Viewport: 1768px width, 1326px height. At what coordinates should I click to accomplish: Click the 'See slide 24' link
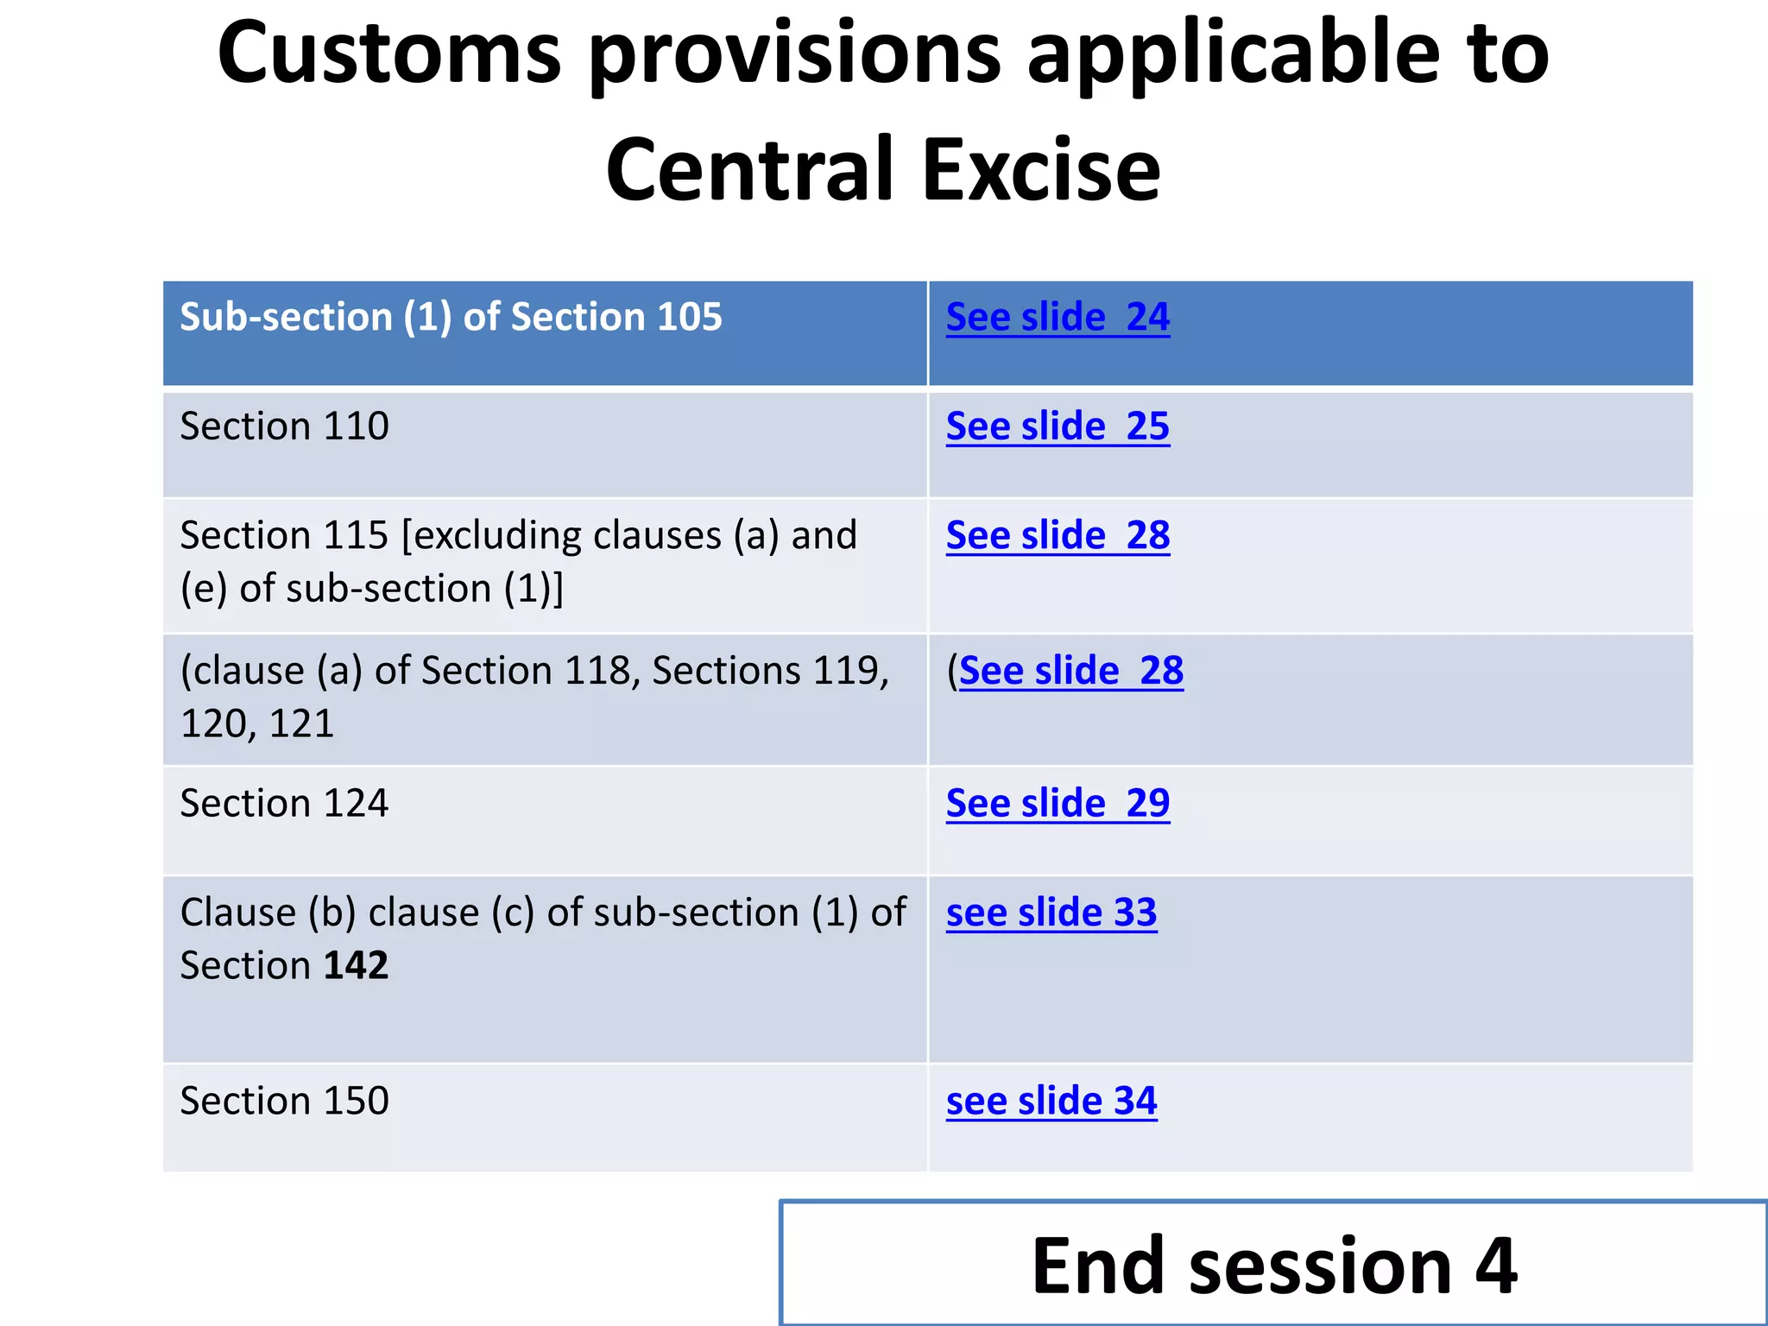coord(1058,318)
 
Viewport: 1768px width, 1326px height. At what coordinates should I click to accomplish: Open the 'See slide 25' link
coord(1058,426)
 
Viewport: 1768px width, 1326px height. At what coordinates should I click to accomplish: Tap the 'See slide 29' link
coord(1058,804)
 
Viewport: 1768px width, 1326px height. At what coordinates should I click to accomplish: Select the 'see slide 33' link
coord(1051,913)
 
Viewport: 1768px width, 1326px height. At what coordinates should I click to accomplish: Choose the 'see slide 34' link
coord(1051,1102)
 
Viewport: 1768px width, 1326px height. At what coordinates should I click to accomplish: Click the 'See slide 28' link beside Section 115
coord(1058,536)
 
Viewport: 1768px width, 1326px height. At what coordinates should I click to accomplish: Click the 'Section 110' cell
coord(284,426)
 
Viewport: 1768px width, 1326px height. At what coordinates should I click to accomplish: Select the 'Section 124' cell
coord(284,804)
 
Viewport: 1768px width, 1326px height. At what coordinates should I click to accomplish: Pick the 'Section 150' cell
coord(284,1102)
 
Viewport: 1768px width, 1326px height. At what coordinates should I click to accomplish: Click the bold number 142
coord(356,966)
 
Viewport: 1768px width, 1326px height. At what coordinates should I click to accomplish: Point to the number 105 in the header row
coord(689,318)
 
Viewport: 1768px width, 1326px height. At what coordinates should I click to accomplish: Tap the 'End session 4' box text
coord(1273,1265)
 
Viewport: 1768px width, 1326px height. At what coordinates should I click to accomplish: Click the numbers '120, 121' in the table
coord(256,723)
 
